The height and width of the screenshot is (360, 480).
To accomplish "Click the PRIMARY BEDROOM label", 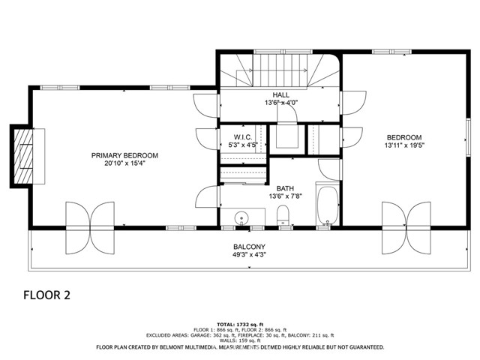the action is pos(124,155).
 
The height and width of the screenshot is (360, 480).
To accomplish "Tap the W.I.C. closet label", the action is pos(243,137).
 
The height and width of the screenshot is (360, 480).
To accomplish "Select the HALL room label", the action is pos(280,95).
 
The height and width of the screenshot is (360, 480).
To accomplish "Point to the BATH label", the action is pos(285,188).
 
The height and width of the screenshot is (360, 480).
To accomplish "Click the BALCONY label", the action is pos(249,247).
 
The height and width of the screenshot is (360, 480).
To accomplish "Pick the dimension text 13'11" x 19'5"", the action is pos(404,145).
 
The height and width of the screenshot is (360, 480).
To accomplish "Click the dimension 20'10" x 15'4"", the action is pos(124,163).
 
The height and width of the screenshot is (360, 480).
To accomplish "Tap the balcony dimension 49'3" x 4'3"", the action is pos(249,255).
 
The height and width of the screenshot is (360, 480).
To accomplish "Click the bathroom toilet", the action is pos(283,215).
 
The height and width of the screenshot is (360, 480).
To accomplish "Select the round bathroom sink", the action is pos(241,218).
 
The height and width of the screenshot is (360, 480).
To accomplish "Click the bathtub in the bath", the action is pos(328,204).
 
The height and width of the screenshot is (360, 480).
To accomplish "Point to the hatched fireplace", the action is pos(23,156).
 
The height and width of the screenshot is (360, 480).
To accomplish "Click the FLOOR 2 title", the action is pos(46,295).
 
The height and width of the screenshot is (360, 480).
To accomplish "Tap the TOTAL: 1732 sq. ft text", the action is pos(240,325).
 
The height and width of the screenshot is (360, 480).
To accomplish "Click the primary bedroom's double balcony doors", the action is pos(90,228).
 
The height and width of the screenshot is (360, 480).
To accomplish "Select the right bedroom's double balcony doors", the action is pos(406,228).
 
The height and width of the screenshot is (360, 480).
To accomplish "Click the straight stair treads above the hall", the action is pos(280,70).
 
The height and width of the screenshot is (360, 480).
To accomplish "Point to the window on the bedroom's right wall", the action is pos(468,137).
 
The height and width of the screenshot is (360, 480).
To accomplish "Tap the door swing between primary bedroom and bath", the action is pos(208,196).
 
